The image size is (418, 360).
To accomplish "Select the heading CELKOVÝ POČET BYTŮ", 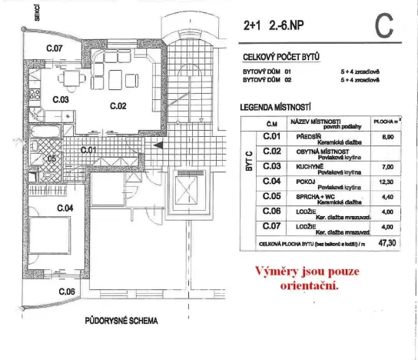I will [x=281, y=57].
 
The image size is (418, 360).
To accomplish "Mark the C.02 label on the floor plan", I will [x=118, y=105].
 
